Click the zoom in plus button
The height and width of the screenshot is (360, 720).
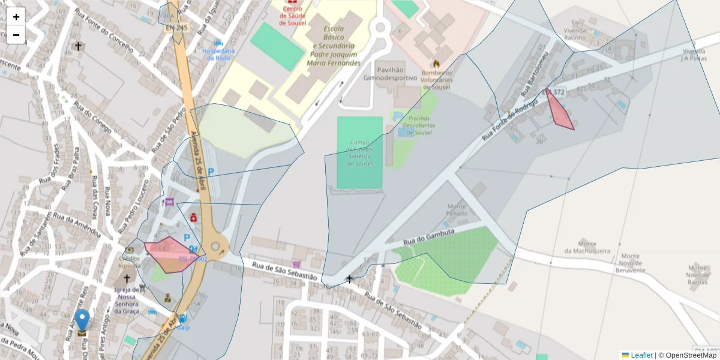16,17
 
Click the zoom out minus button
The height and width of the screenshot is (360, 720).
16,35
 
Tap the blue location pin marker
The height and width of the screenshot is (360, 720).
82,322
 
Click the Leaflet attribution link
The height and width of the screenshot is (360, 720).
641,355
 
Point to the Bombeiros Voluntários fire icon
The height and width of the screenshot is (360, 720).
436,63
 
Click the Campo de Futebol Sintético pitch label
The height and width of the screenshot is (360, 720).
359,152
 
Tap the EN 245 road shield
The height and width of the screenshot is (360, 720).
177,28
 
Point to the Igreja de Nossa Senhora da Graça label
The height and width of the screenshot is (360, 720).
127,300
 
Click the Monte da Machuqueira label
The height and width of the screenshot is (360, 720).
587,247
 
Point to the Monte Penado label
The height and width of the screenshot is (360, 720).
457,209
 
